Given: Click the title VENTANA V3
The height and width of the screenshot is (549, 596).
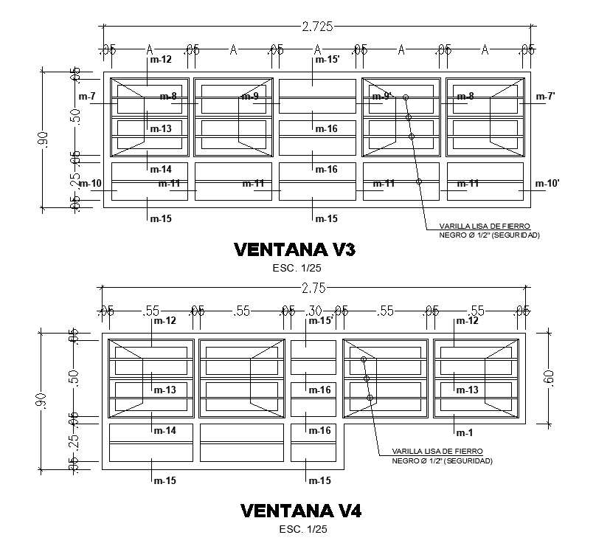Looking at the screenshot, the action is [294, 249].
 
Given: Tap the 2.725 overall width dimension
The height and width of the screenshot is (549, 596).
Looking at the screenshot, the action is [317, 27].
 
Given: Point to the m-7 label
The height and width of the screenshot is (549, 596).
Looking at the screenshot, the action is [87, 97].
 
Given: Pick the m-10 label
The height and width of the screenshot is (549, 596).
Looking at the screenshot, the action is [90, 183].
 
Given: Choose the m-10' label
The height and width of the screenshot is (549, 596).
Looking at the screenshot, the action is [547, 183].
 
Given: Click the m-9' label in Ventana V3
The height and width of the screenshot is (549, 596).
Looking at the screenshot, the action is [383, 97].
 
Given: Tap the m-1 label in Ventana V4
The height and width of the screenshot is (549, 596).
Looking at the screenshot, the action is [464, 432].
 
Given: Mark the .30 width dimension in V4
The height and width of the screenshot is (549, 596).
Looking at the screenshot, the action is [314, 311].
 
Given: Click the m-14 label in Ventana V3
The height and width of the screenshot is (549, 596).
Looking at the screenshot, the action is [161, 170].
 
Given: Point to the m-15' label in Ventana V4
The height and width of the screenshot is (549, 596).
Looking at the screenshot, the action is [319, 320].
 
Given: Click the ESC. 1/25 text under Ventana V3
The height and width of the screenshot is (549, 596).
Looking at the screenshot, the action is [294, 268].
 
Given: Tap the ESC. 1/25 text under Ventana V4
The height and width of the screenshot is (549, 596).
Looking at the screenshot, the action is [302, 528].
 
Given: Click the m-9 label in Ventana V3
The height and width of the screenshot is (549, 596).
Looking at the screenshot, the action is [250, 97].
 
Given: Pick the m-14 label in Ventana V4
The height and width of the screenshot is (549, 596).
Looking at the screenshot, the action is [164, 430].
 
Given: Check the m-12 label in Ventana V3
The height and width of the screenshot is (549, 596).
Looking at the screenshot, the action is [160, 60].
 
